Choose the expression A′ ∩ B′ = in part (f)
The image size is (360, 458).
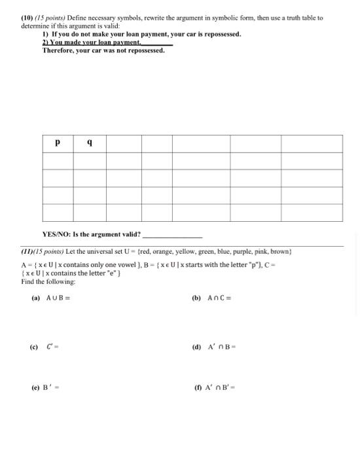[223, 387]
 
